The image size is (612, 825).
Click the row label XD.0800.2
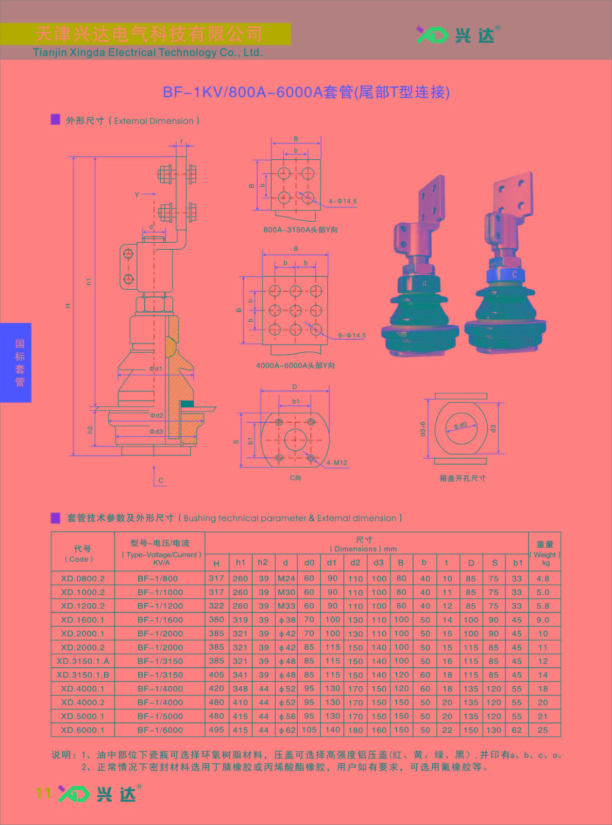click(x=82, y=579)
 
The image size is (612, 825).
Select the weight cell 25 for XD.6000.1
click(x=543, y=730)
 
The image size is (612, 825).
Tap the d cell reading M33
click(x=286, y=606)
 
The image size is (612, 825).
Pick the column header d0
click(x=309, y=563)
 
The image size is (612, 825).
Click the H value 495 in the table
click(x=216, y=730)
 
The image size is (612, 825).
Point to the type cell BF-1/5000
click(x=160, y=716)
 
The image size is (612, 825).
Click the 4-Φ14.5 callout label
click(x=342, y=201)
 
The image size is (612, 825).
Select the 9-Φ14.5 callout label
click(x=351, y=335)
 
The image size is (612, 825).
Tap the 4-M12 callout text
click(x=337, y=463)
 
